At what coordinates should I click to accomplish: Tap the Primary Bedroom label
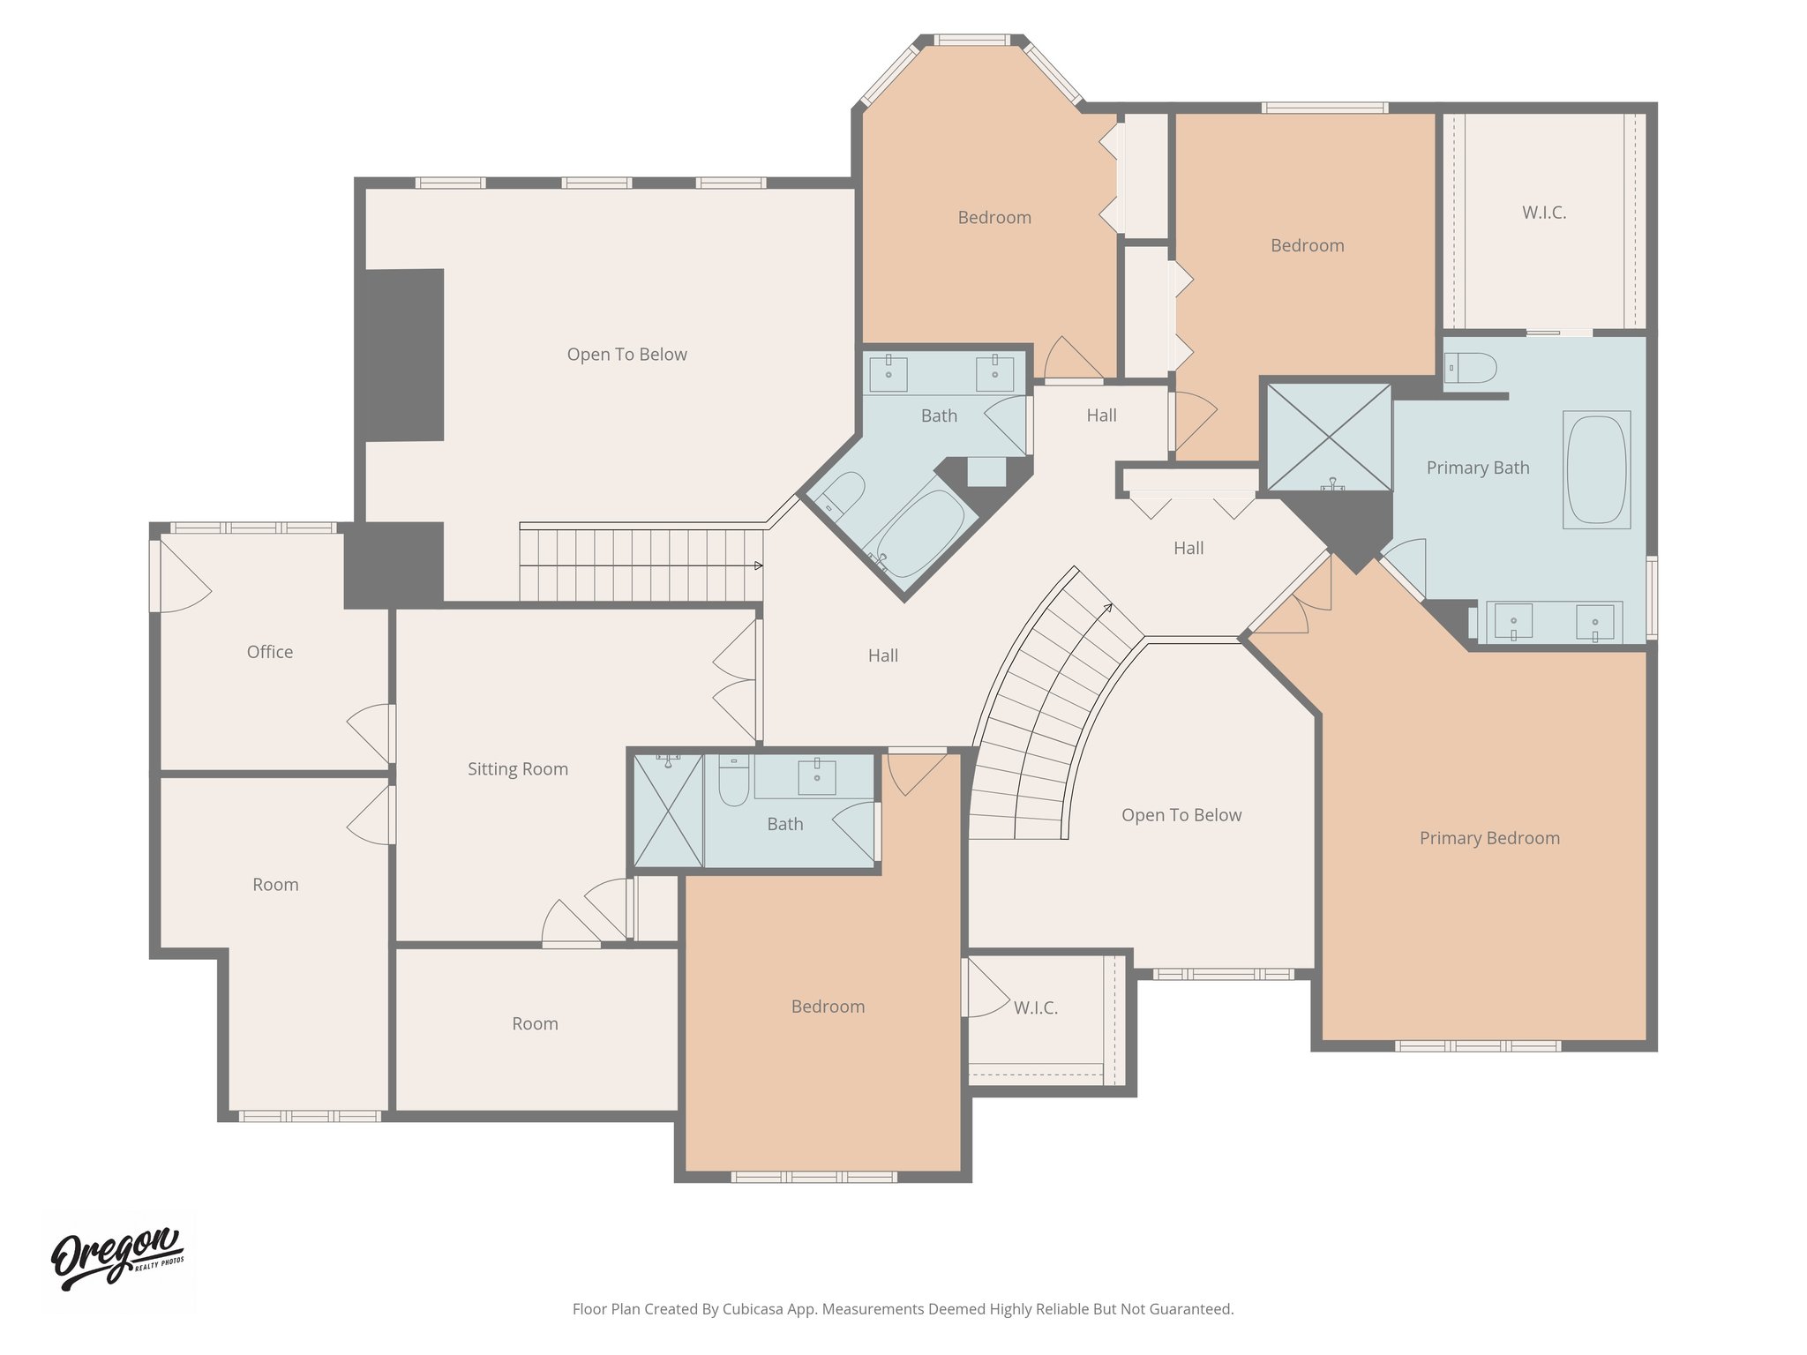pyautogui.click(x=1488, y=838)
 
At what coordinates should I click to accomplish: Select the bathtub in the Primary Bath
pyautogui.click(x=1595, y=469)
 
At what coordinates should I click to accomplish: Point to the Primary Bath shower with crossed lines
pyautogui.click(x=1329, y=438)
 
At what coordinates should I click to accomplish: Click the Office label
pyautogui.click(x=269, y=652)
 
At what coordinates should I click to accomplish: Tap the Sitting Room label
pyautogui.click(x=517, y=769)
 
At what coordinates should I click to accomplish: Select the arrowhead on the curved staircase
pyautogui.click(x=1108, y=607)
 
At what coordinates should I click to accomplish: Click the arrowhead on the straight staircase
pyautogui.click(x=759, y=565)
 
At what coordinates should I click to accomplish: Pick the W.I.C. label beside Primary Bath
pyautogui.click(x=1543, y=213)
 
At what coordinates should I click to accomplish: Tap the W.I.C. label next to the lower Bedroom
pyautogui.click(x=1035, y=1007)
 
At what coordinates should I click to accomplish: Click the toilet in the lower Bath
pyautogui.click(x=733, y=781)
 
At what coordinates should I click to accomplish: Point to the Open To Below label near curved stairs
pyautogui.click(x=1181, y=815)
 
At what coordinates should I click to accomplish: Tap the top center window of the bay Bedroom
pyautogui.click(x=971, y=40)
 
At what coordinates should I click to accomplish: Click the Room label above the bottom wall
pyautogui.click(x=535, y=1024)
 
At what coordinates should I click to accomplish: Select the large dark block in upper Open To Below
pyautogui.click(x=403, y=355)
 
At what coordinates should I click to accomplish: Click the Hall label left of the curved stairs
pyautogui.click(x=882, y=655)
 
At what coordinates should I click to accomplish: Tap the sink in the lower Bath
pyautogui.click(x=816, y=776)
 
